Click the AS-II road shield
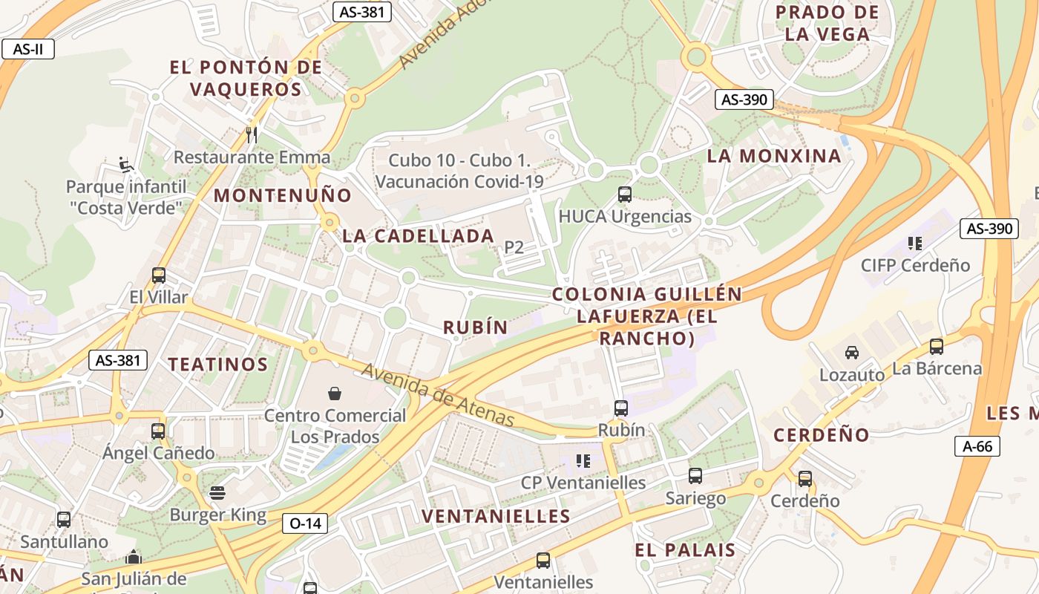pos(28,50)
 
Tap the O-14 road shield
pos(305,523)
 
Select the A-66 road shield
pos(977,446)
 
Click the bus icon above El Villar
pos(158,275)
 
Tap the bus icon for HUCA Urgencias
pos(625,195)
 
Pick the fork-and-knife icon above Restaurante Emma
pos(252,134)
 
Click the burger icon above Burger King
pos(217,493)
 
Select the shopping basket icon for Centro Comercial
pos(335,393)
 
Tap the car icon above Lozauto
pos(852,353)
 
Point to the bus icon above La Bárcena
pos(937,346)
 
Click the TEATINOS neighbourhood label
pos(217,365)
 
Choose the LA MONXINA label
pos(774,156)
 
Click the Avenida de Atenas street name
pos(438,396)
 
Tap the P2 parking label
pos(514,247)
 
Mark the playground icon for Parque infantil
pos(126,163)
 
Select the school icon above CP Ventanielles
pos(583,461)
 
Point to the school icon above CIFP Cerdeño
pos(915,243)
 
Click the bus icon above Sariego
pos(695,476)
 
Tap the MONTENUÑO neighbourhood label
pos(283,196)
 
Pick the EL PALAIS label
pos(685,550)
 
